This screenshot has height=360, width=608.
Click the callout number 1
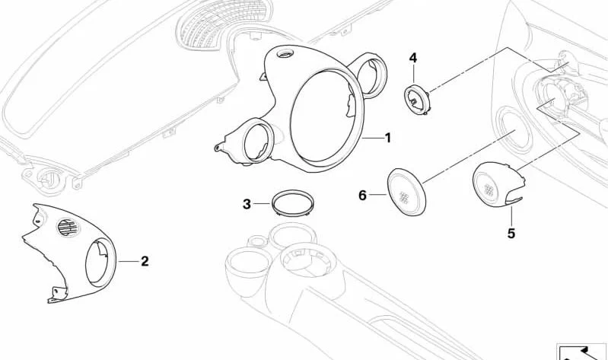(387, 139)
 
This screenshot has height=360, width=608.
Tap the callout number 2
(145, 261)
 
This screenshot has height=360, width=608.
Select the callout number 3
(247, 204)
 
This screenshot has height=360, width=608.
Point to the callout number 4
(413, 58)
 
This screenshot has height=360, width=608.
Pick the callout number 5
(511, 234)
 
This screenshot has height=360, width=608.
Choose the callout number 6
(363, 196)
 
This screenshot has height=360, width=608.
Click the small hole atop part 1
(288, 53)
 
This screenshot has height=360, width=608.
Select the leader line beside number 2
(129, 261)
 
